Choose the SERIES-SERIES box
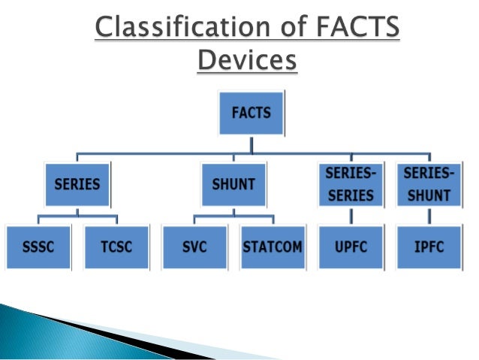coord(349,183)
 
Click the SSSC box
coord(36,246)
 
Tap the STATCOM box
coord(273,246)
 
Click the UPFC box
coord(349,246)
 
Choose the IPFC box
coord(428,246)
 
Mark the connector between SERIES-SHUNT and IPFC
coord(428,215)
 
